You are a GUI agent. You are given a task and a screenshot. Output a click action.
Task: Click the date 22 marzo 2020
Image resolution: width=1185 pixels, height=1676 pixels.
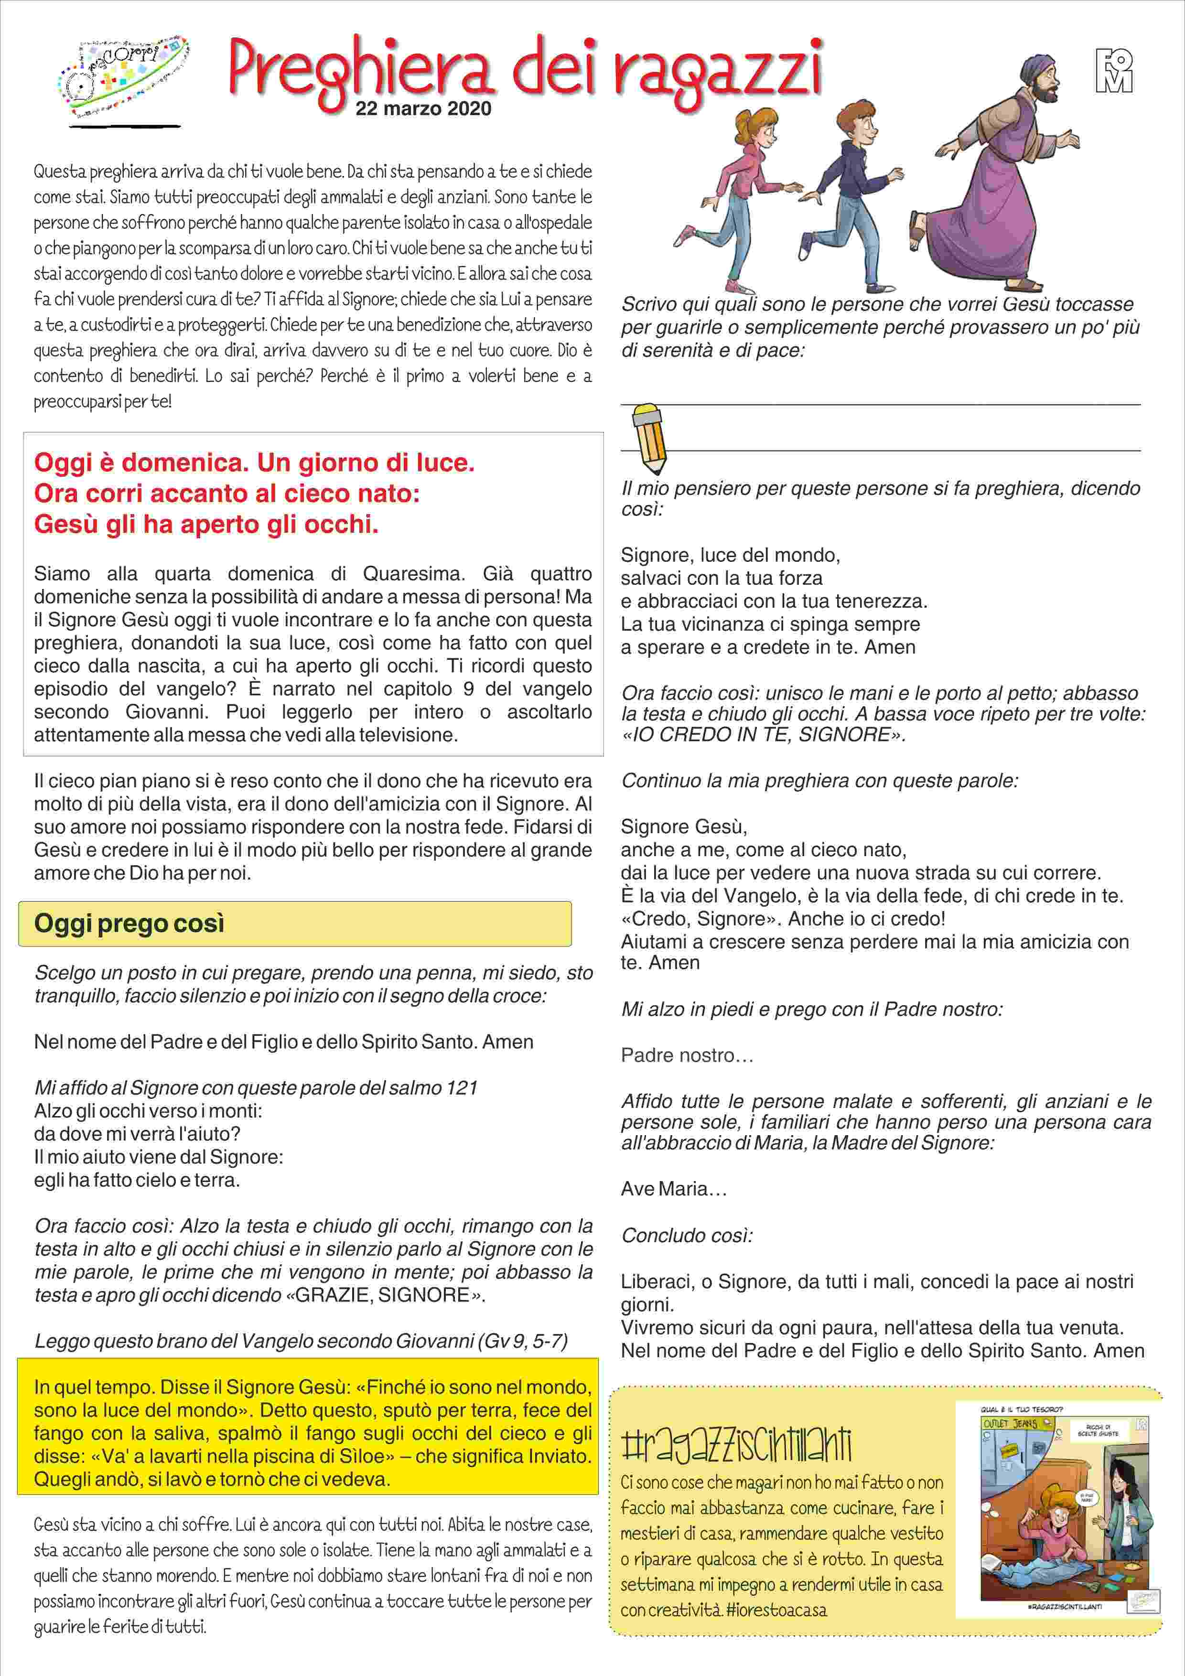coord(423,109)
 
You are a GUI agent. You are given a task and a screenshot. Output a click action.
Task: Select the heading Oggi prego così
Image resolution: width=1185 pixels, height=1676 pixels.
coord(129,924)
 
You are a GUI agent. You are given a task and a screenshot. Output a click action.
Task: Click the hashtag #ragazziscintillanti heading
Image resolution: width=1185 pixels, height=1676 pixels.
coord(736,1445)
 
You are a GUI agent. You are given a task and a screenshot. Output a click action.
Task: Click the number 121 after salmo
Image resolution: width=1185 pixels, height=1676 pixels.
coord(462,1088)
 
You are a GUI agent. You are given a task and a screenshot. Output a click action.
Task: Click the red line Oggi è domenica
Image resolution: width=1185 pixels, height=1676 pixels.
coord(254,462)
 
